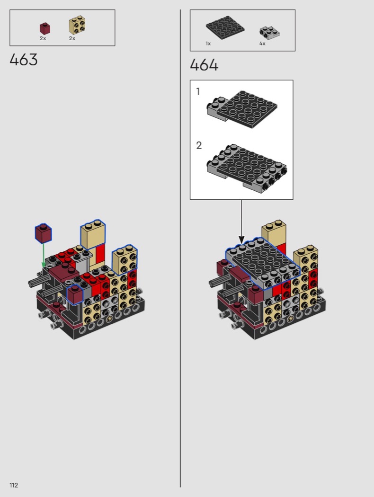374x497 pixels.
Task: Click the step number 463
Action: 24,60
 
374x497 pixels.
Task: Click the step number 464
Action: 204,65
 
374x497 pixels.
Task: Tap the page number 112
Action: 14,485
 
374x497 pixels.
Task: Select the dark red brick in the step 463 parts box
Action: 45,28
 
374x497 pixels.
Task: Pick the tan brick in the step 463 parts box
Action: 77,25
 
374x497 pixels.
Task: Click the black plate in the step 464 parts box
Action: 225,26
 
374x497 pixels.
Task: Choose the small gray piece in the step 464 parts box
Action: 269,33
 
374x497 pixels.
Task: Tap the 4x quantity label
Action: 262,44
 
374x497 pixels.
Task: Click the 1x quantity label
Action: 208,44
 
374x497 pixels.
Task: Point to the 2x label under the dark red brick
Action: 43,38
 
